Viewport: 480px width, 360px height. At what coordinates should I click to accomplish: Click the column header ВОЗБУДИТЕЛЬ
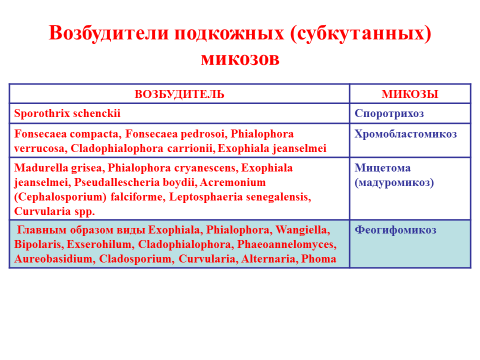pyautogui.click(x=179, y=94)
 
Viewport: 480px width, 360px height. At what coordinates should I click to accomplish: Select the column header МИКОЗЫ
pyautogui.click(x=410, y=94)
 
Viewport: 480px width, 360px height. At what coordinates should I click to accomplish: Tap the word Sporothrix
pyautogui.click(x=42, y=114)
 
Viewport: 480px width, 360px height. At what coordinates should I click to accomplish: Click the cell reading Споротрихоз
pyautogui.click(x=389, y=114)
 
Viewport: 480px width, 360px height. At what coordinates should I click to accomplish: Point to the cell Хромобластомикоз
pyautogui.click(x=405, y=134)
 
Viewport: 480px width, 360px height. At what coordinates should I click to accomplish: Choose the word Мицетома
pyautogui.click(x=382, y=168)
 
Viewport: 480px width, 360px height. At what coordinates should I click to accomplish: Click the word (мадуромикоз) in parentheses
pyautogui.click(x=394, y=183)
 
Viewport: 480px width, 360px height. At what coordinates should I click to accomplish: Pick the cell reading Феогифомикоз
pyautogui.click(x=395, y=230)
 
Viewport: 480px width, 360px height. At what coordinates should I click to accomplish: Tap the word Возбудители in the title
pyautogui.click(x=109, y=33)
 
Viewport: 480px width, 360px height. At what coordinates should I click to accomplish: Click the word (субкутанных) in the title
pyautogui.click(x=361, y=34)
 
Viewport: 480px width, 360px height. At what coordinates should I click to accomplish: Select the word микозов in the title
pyautogui.click(x=240, y=59)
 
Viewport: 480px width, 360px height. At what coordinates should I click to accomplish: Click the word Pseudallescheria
pyautogui.click(x=117, y=183)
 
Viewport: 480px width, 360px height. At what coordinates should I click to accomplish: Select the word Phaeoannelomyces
pyautogui.click(x=287, y=244)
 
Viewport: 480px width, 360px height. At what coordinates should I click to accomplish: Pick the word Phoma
pyautogui.click(x=319, y=259)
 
